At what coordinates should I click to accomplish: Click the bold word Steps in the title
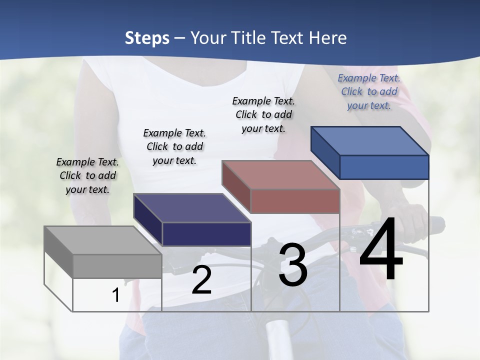(x=147, y=38)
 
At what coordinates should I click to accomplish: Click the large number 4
(x=381, y=249)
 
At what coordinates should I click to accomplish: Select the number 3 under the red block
(x=293, y=265)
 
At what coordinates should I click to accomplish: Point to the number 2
(x=201, y=280)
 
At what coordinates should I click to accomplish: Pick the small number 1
(x=116, y=295)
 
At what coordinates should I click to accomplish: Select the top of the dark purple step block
(x=185, y=208)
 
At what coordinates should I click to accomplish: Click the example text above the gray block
(x=87, y=175)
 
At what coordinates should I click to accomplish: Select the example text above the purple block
(x=174, y=146)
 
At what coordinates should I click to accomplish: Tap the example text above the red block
(x=263, y=114)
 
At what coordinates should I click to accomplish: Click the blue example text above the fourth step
(x=369, y=91)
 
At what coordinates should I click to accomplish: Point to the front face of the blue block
(x=384, y=167)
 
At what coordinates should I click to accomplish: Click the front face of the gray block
(x=117, y=266)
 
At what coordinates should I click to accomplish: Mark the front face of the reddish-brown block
(x=295, y=201)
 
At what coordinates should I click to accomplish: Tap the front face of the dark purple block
(x=206, y=234)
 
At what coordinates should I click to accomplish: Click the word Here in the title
(x=329, y=38)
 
